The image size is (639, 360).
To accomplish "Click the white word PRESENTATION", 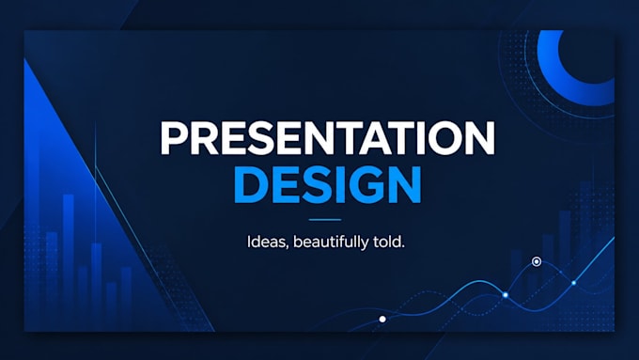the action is [328, 138].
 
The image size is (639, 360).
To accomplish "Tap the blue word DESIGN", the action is [328, 184].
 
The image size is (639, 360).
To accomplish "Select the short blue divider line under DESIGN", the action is [325, 220].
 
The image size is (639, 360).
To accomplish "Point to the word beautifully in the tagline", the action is [331, 243].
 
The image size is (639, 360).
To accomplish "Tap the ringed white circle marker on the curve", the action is [537, 261].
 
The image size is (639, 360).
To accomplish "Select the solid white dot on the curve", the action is [382, 320].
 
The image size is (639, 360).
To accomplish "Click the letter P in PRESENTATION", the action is [174, 138].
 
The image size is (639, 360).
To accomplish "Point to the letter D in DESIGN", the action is [249, 184].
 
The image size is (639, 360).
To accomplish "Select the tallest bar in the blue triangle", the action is [69, 261].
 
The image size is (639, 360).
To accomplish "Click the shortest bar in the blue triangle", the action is [111, 305].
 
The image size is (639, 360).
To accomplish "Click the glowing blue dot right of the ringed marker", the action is [574, 283].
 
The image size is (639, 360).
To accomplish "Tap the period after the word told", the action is [402, 246].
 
